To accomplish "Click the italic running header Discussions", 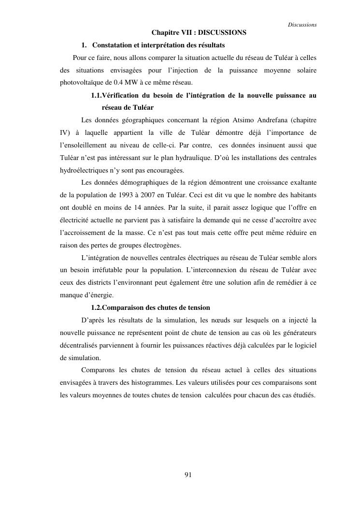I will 302,25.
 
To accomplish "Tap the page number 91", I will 188,475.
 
